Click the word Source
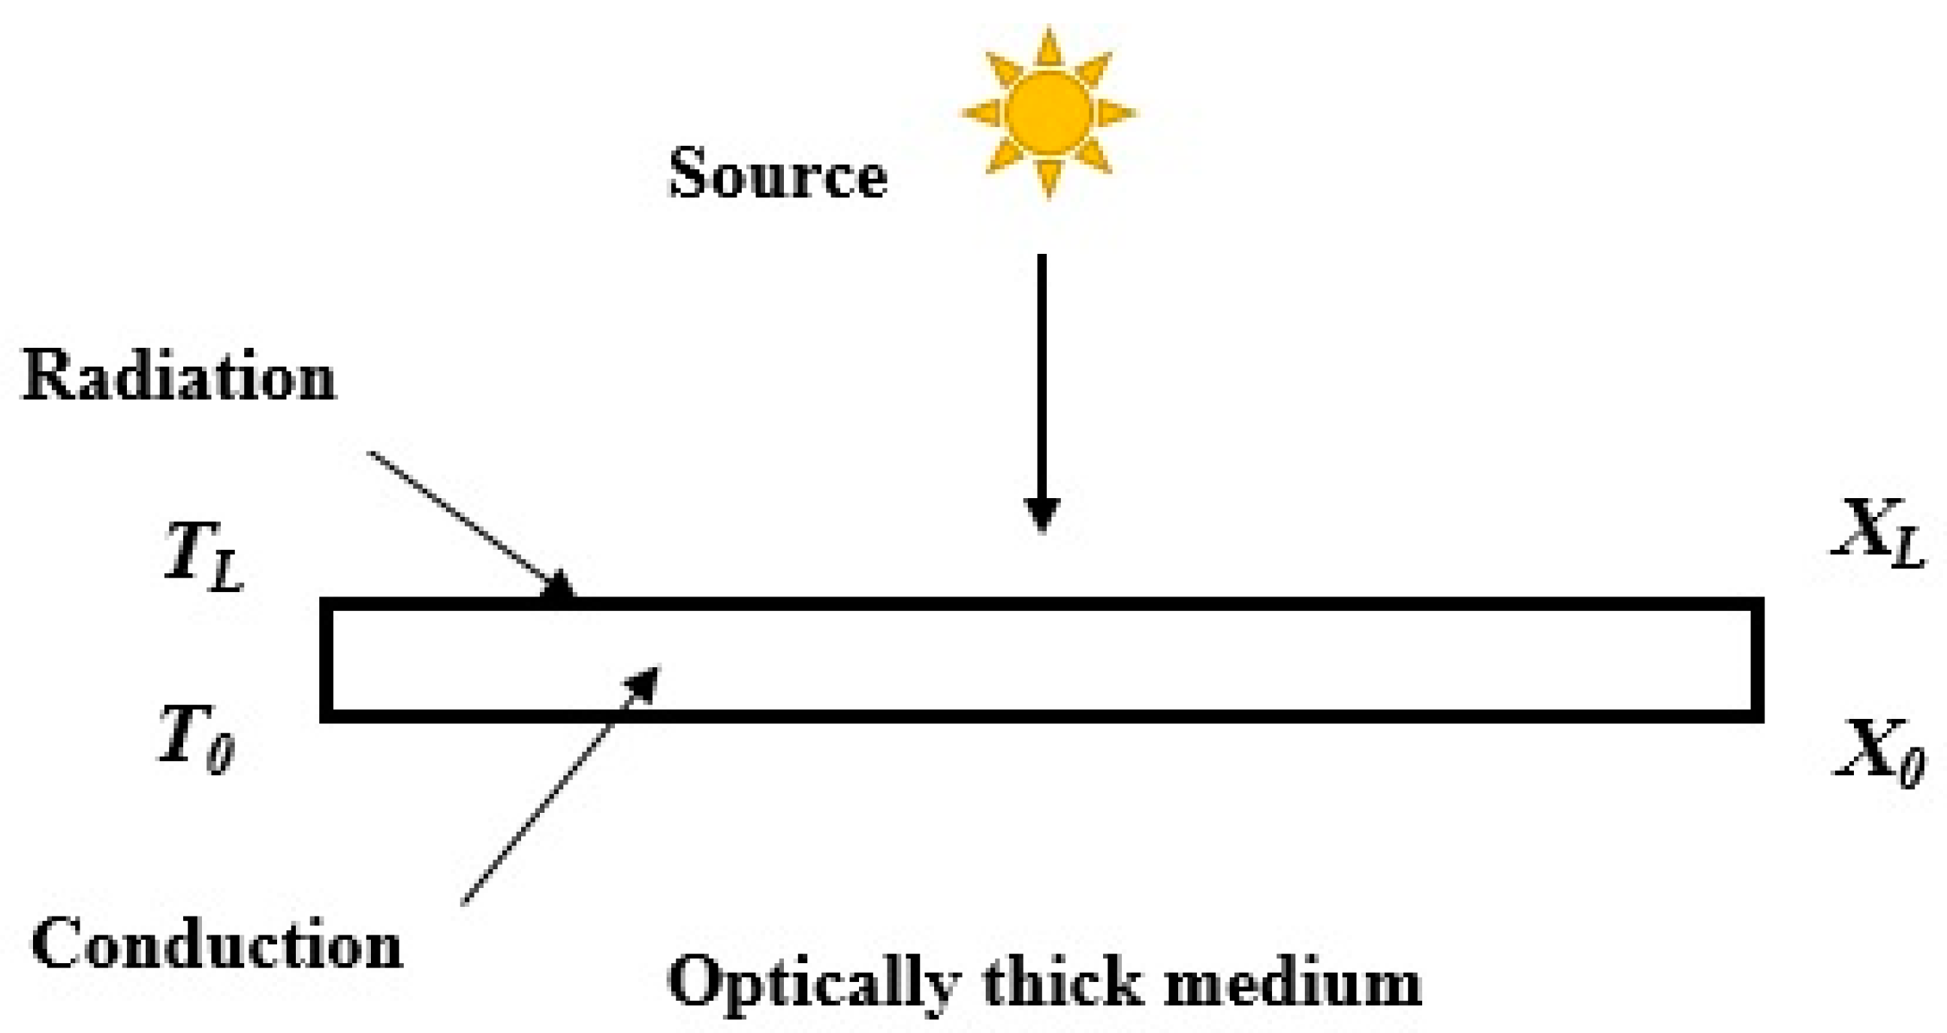click(x=778, y=175)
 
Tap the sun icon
click(x=1049, y=113)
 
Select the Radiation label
click(x=179, y=376)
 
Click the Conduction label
click(x=217, y=944)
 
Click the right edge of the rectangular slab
click(x=1757, y=660)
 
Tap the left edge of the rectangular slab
click(x=327, y=660)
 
